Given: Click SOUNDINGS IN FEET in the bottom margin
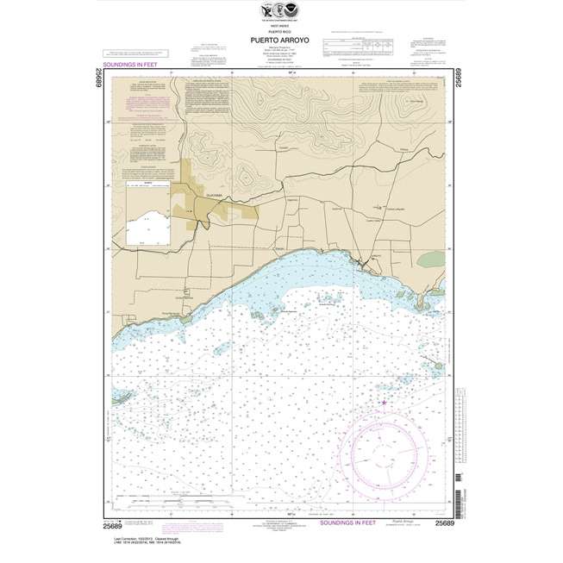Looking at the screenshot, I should click(353, 522).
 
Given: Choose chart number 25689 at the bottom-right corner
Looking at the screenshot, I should click(445, 523).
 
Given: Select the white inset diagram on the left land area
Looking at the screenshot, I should click(146, 222).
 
